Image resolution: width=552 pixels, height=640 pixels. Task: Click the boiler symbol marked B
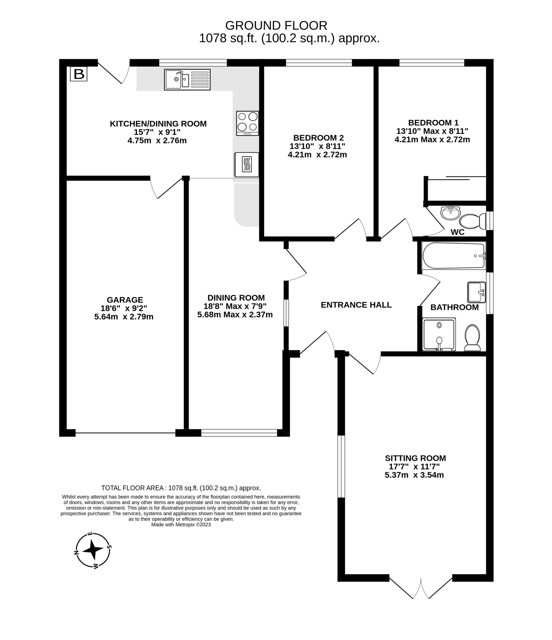coord(78,74)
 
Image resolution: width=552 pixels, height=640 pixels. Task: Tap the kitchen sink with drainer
coord(187,79)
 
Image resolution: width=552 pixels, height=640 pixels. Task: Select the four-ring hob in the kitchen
coord(247,123)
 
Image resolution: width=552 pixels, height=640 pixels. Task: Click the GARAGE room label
coord(125,300)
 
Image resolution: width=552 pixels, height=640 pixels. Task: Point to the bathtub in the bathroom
coord(453,255)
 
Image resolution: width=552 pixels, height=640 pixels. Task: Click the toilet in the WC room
coord(473,221)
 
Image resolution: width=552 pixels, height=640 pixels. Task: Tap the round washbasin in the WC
coord(450,213)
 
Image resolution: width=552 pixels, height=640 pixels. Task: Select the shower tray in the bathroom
coord(439,335)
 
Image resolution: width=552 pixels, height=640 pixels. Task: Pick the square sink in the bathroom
coord(477,292)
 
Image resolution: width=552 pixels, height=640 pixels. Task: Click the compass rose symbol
coord(93,550)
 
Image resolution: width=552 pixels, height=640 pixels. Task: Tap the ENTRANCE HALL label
coord(356,305)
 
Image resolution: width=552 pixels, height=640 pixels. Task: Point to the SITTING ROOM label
coord(415,458)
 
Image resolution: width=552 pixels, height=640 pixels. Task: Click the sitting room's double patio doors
coord(421,588)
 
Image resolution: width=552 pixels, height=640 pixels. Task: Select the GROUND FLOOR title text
coord(276,25)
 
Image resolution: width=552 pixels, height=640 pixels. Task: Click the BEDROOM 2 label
coord(318,138)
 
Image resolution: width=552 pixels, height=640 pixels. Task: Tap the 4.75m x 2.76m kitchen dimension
coord(157,140)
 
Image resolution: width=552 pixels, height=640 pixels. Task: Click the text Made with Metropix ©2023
coord(181,525)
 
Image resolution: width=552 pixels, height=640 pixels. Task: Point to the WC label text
coord(458,232)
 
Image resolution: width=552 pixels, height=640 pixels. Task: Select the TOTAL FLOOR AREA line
coord(181,488)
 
